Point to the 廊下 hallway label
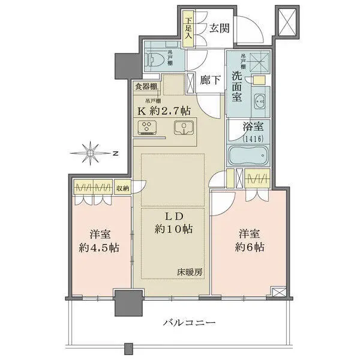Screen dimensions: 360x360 (x=207, y=79)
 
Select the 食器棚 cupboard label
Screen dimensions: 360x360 (x=146, y=86)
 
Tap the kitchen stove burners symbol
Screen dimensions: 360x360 (x=148, y=127)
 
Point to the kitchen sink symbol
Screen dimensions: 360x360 (x=182, y=127)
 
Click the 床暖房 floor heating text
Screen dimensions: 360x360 (x=190, y=272)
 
